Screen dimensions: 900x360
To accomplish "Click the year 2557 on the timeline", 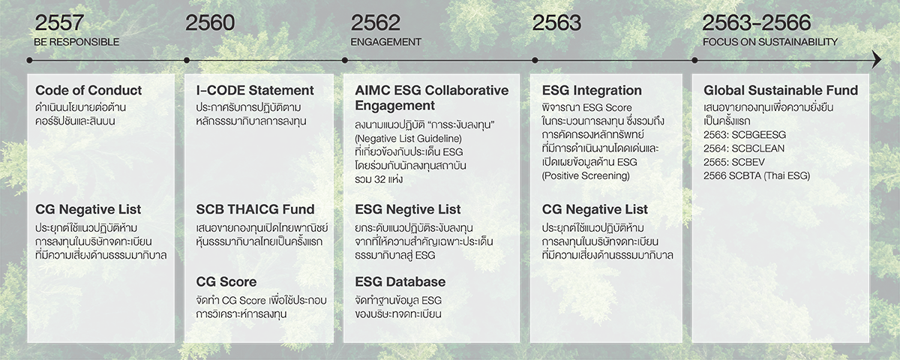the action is click(59, 22).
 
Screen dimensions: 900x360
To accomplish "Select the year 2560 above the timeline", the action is click(210, 22).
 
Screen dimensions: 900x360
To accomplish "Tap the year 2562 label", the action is click(375, 22).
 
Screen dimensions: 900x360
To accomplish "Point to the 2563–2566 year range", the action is click(757, 22).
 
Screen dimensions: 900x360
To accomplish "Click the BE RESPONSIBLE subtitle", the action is click(76, 42).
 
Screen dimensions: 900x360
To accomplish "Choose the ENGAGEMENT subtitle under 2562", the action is click(385, 42).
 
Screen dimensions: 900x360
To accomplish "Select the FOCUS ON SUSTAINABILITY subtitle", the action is click(769, 42).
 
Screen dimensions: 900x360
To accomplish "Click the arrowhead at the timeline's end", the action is click(876, 60).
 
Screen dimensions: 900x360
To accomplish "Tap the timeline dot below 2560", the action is click(187, 60).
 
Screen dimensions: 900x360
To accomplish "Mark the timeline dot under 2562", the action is click(345, 60).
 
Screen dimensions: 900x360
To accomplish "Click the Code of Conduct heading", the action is click(88, 91).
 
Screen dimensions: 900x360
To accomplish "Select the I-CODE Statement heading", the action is click(255, 91).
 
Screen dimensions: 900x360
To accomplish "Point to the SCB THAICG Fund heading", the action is click(255, 209).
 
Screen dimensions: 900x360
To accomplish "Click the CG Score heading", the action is click(226, 282).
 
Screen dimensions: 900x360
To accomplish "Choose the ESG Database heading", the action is click(400, 282).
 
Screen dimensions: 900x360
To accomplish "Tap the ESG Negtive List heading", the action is click(408, 209).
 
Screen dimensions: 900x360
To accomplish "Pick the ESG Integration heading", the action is click(592, 91).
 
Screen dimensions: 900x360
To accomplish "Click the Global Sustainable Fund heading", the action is click(781, 91).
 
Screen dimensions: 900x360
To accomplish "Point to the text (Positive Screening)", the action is click(586, 176).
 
